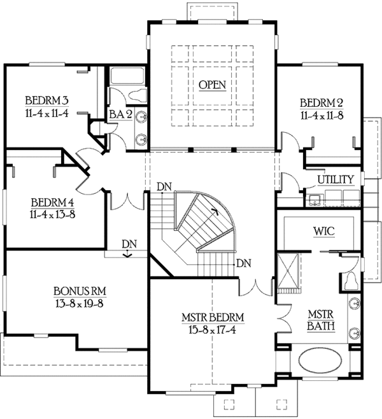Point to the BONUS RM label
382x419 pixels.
coord(80,291)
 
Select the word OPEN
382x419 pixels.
coord(212,85)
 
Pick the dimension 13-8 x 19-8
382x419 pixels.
coord(80,303)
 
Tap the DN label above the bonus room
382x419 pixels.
coord(129,244)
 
